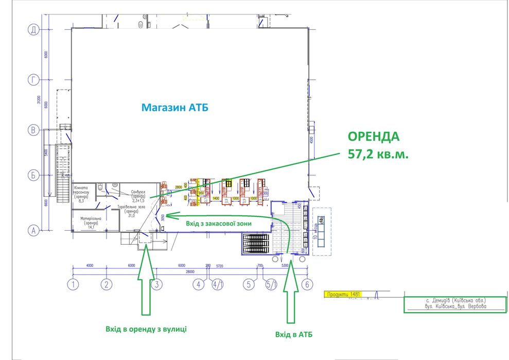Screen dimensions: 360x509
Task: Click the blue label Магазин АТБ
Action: click(x=175, y=108)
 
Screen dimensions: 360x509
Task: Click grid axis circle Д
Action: click(x=33, y=30)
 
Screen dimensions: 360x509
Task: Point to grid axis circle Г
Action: click(x=33, y=80)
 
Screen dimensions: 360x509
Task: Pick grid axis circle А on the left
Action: click(x=33, y=230)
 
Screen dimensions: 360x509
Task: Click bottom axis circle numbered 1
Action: click(x=74, y=284)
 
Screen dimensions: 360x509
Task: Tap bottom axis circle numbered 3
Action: click(x=156, y=284)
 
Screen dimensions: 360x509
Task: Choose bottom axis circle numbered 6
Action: click(x=307, y=284)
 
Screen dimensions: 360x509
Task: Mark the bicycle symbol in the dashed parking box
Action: click(x=322, y=220)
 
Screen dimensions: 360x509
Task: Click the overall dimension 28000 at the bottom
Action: click(x=192, y=270)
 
